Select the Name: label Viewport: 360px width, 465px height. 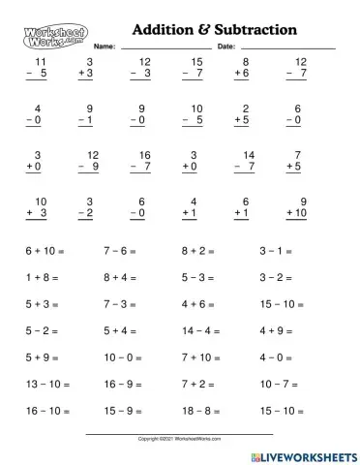[x=105, y=46]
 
